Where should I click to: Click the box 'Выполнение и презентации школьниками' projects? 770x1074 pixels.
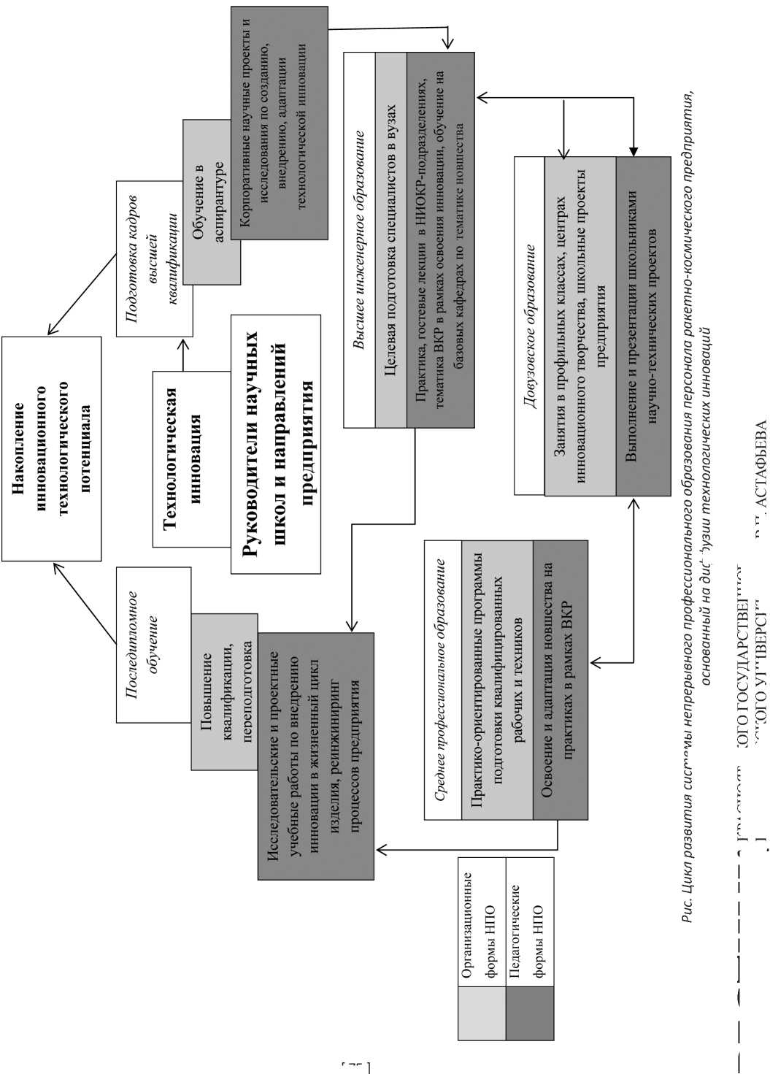click(x=643, y=325)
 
